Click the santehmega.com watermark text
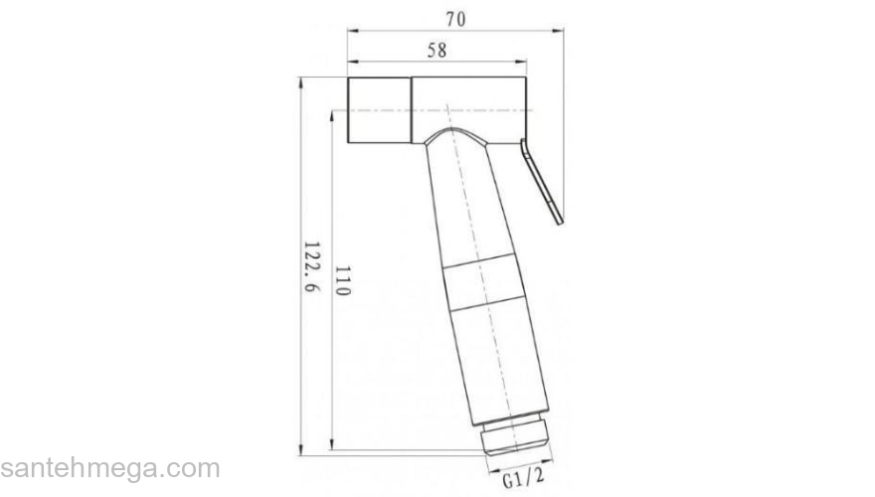click(109, 467)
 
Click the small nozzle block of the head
click(379, 109)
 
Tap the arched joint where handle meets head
click(457, 136)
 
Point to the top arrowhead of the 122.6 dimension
click(301, 79)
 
